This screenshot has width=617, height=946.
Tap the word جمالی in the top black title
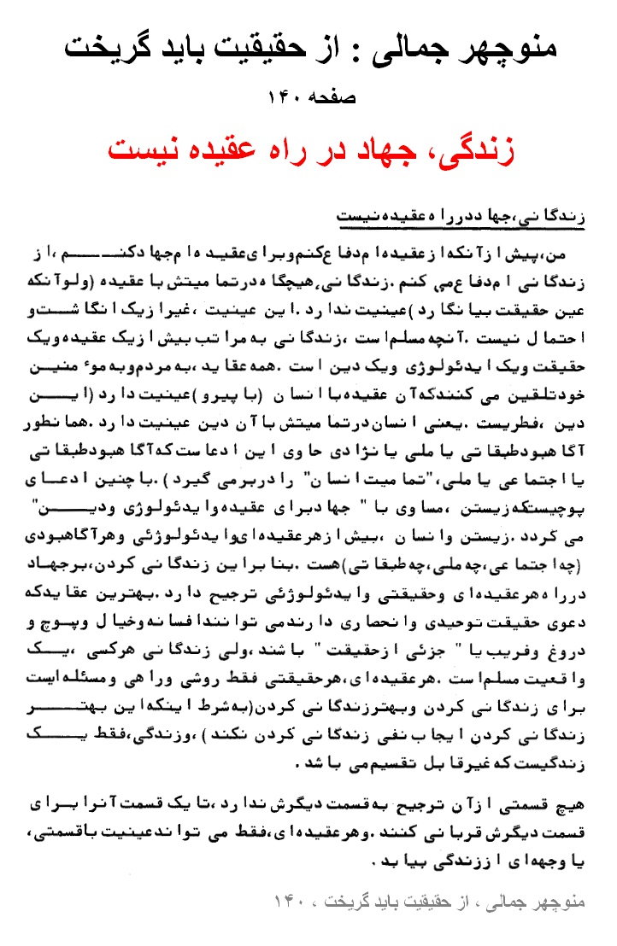click(420, 46)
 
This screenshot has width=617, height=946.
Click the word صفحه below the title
click(332, 97)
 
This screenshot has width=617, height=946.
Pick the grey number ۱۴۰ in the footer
click(290, 902)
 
